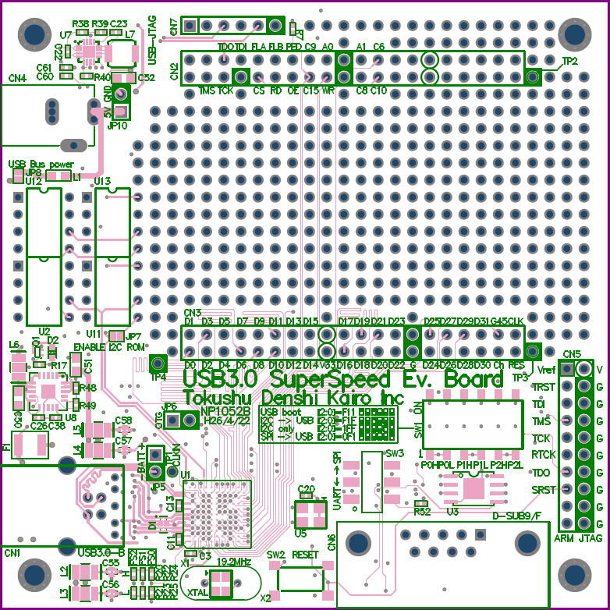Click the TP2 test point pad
[533, 77]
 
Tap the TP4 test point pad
[158, 364]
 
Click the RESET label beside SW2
[307, 555]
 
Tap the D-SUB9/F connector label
[517, 516]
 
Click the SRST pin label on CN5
[544, 490]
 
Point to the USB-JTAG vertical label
[152, 39]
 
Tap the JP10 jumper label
[118, 125]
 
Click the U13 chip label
[103, 181]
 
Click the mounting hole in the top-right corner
[573, 35]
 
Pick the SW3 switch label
[395, 453]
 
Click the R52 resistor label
[422, 512]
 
